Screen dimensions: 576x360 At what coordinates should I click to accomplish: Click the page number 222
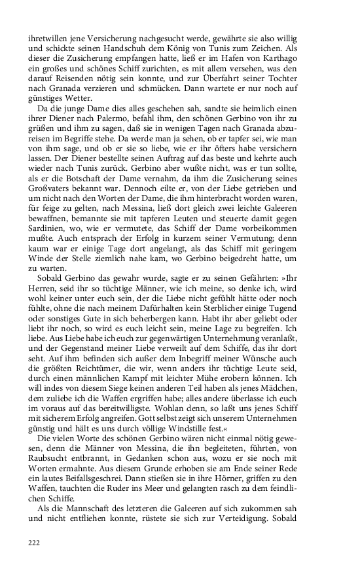tap(34, 542)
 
